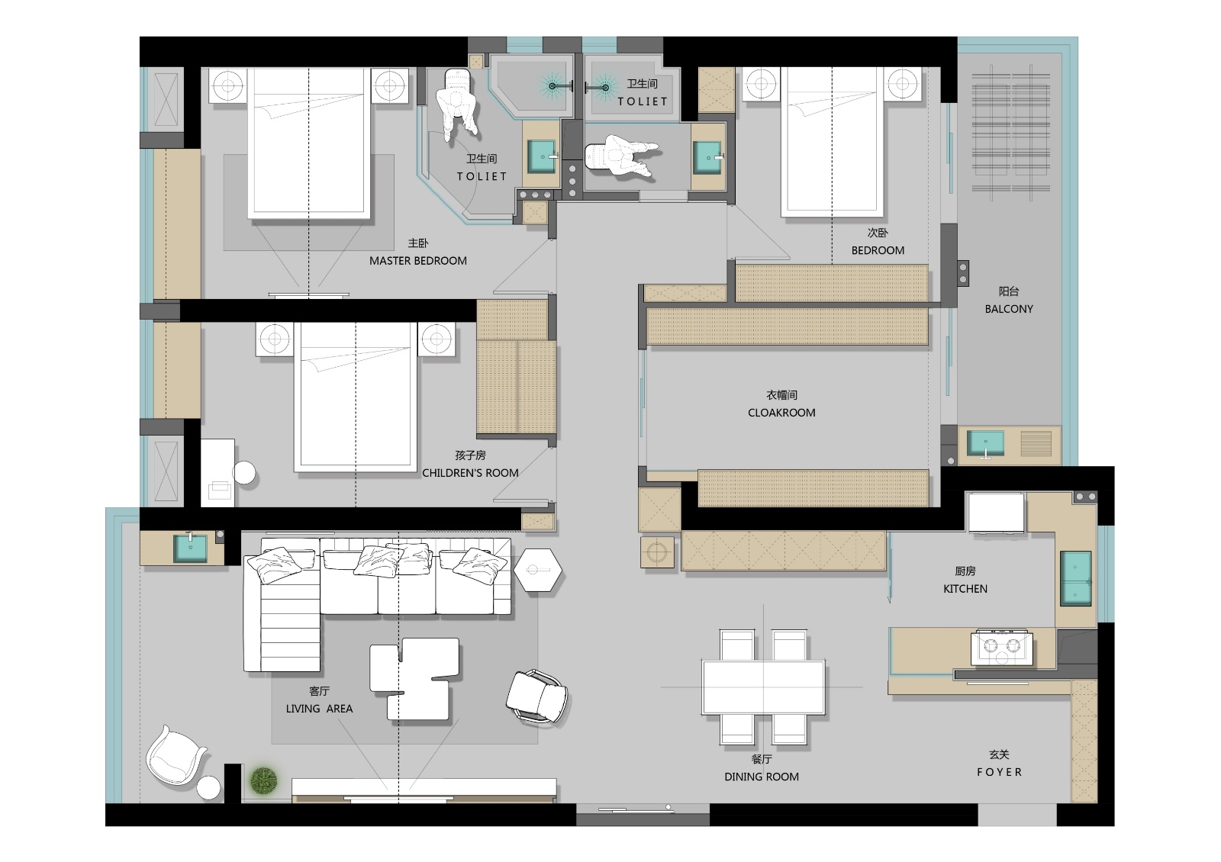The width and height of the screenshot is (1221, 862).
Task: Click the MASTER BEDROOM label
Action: coord(418,260)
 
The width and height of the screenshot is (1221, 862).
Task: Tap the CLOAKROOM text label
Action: coord(781,413)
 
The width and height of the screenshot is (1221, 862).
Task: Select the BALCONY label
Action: coord(1009,309)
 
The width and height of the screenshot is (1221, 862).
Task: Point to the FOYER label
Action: coord(999,772)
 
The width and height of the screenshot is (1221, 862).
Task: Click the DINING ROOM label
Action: coord(762,777)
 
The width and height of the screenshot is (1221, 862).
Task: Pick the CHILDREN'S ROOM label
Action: coord(470,472)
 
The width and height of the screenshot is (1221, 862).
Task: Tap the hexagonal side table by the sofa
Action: coord(537,570)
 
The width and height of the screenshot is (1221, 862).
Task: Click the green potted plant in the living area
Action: coord(264,780)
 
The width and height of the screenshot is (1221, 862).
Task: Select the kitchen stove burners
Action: coord(1002,648)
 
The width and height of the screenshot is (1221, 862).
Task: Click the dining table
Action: coord(763,687)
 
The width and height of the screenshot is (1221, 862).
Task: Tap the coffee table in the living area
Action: coord(415,678)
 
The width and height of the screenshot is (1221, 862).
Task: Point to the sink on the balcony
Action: coord(985,443)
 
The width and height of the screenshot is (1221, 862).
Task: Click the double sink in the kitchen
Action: coord(1075,578)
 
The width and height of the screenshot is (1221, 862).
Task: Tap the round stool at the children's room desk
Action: coord(244,472)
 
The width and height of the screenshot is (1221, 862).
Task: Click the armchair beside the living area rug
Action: coord(537,697)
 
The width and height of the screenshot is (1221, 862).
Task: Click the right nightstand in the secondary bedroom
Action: coord(903,84)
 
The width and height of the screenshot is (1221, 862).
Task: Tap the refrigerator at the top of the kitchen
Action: coord(996,512)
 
